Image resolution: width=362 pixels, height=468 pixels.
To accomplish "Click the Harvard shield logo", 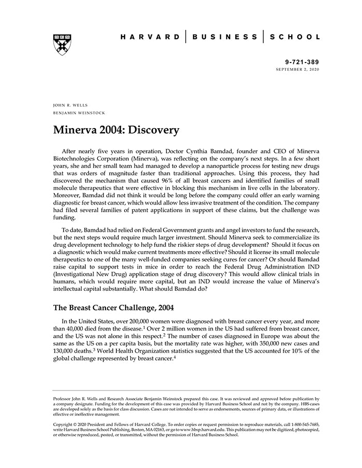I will [x=62, y=45].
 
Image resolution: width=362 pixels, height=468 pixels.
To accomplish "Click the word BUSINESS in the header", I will [x=224, y=37].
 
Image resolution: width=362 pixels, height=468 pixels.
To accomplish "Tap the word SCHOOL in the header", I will [x=295, y=37].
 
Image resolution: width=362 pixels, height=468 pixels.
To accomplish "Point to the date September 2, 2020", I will [x=297, y=69].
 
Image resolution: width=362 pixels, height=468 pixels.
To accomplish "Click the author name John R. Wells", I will [x=68, y=105].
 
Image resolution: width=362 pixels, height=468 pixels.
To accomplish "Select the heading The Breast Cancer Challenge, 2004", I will [x=113, y=308].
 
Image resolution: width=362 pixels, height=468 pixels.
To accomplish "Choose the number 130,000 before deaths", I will [x=66, y=351].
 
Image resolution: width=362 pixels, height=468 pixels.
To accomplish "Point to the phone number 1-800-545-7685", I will [x=304, y=424].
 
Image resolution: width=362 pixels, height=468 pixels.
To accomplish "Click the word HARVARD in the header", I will [x=150, y=37].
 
